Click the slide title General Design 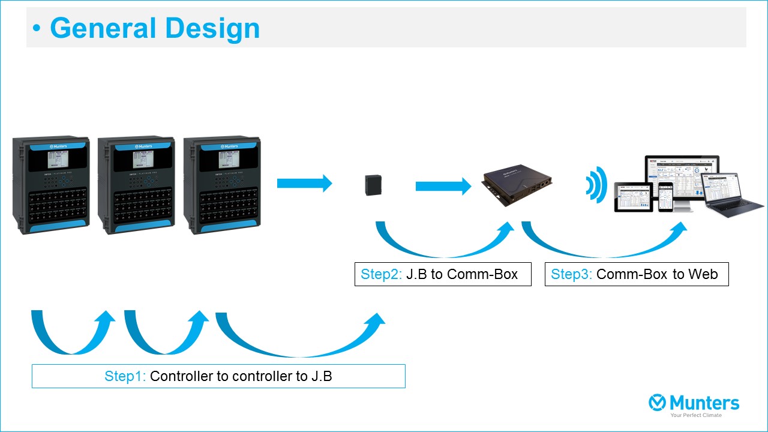click(x=155, y=28)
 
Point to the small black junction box click(x=374, y=185)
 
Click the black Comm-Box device click(x=517, y=187)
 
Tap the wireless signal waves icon click(x=596, y=184)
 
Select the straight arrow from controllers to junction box click(x=304, y=183)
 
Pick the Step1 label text click(x=125, y=376)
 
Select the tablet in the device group click(x=633, y=197)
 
